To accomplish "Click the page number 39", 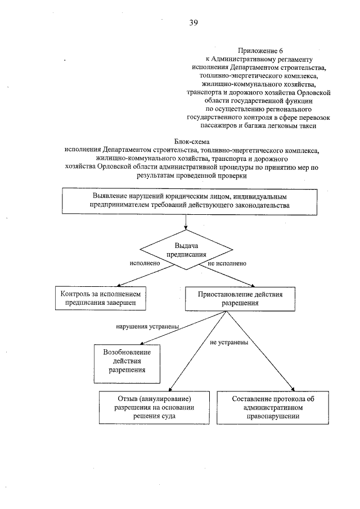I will (x=192, y=23).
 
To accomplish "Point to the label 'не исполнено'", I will (x=227, y=263).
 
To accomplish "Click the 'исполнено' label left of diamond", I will (x=145, y=263).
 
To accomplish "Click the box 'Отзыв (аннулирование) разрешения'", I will (x=150, y=408).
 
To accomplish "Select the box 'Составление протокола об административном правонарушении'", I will (x=272, y=408).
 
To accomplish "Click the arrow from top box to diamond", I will (x=185, y=222).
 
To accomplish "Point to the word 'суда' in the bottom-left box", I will (x=166, y=417).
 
